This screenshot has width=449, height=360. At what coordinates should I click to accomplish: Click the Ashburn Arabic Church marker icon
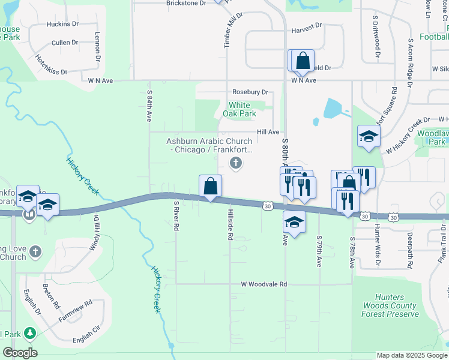tap(236, 162)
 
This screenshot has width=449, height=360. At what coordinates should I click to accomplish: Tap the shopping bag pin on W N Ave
tap(303, 61)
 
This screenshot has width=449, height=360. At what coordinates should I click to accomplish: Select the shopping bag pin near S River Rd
tap(211, 186)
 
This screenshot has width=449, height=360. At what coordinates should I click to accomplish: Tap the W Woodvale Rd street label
tap(264, 284)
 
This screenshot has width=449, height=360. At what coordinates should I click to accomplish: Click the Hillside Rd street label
tap(230, 224)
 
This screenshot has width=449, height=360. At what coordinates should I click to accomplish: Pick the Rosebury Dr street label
tap(250, 92)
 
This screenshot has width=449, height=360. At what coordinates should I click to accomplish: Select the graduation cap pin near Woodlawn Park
tap(369, 136)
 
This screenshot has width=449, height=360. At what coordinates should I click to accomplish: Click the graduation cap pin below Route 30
tap(294, 222)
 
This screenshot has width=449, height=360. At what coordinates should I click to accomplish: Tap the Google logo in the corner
tap(20, 352)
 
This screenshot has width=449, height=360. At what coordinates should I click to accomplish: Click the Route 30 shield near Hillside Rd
tap(267, 206)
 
